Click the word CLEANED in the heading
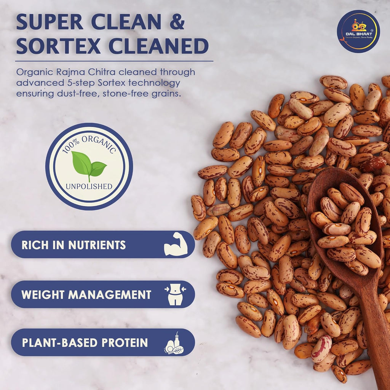pyautogui.click(x=158, y=46)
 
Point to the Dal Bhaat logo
pyautogui.click(x=358, y=31)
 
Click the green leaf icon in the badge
pyautogui.click(x=89, y=165)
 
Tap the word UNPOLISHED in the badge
pyautogui.click(x=89, y=187)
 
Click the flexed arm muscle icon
pyautogui.click(x=176, y=244)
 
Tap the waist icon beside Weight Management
pyautogui.click(x=176, y=294)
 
